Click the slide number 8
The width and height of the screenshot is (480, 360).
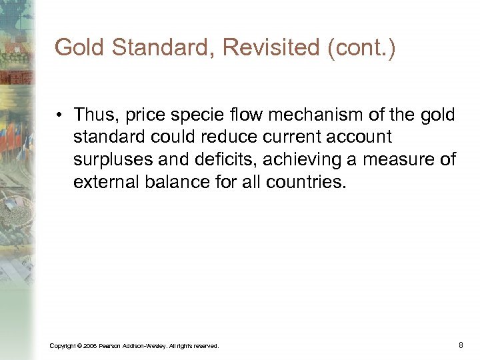pyautogui.click(x=461, y=345)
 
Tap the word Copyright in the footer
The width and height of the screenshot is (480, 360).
pyautogui.click(x=63, y=345)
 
